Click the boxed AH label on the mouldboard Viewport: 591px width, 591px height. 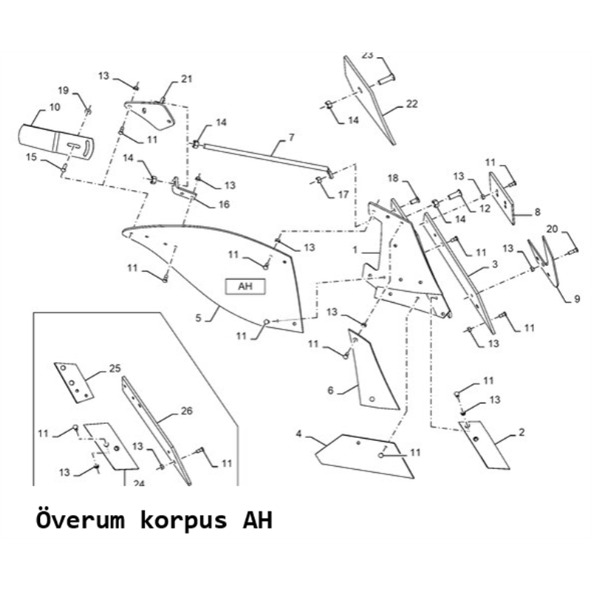[x=245, y=287]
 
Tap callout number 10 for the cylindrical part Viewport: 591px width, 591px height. [x=55, y=107]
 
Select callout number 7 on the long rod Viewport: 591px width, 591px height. [x=291, y=137]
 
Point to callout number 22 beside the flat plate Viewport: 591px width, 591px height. [x=412, y=103]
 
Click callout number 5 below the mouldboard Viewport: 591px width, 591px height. [x=198, y=318]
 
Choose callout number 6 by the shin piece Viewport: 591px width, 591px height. [x=330, y=390]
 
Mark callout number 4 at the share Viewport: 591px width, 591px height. [x=298, y=434]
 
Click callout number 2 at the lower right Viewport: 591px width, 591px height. [x=522, y=432]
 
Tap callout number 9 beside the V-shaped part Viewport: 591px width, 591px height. [x=577, y=300]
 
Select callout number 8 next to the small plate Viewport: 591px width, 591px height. [x=537, y=211]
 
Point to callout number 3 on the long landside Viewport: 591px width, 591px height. [x=495, y=264]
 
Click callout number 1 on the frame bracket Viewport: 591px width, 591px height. [x=355, y=250]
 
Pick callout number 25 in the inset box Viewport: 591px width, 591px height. [x=115, y=368]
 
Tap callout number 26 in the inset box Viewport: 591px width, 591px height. [x=187, y=411]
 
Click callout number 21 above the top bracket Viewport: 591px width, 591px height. [x=187, y=79]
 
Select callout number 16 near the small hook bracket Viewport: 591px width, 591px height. [x=224, y=205]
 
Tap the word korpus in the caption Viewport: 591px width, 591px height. [x=183, y=522]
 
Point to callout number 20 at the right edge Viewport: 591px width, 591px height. [x=552, y=229]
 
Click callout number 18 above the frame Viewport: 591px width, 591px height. [x=393, y=178]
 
